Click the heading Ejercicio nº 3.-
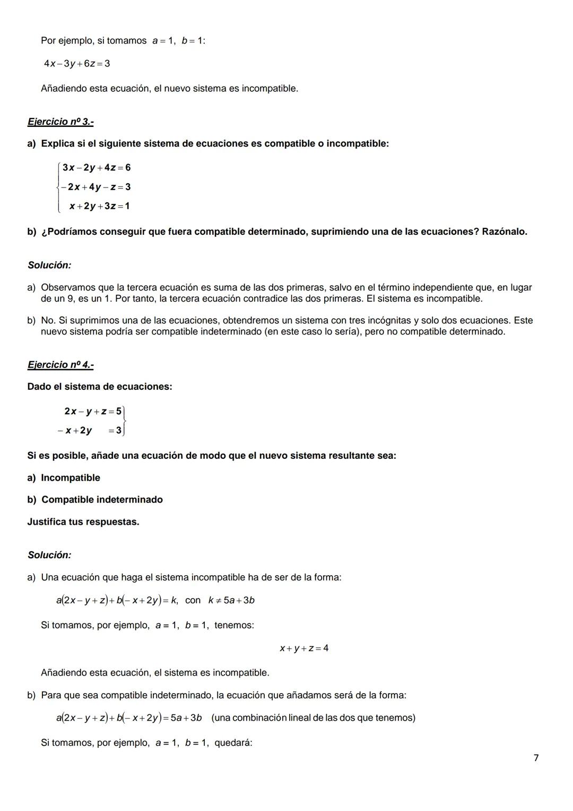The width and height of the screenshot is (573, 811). click(x=60, y=122)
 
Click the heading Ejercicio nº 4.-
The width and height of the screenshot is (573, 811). click(x=60, y=365)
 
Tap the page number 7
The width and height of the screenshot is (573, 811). click(x=536, y=758)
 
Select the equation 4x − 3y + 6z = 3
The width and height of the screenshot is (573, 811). click(x=77, y=64)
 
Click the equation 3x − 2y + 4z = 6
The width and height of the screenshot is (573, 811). click(x=96, y=168)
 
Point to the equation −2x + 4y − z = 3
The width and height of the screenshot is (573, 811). click(x=95, y=187)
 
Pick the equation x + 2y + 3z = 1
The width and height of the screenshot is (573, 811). click(x=99, y=206)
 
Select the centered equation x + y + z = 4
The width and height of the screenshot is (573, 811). click(x=304, y=648)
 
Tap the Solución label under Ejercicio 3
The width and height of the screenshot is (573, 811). click(x=49, y=265)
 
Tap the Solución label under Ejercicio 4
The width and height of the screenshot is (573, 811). click(x=49, y=555)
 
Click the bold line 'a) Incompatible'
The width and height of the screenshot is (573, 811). click(x=64, y=478)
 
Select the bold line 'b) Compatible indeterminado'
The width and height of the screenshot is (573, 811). click(x=95, y=500)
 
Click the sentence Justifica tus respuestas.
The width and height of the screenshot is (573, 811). click(x=83, y=522)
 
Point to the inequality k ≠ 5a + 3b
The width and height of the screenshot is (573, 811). click(x=231, y=601)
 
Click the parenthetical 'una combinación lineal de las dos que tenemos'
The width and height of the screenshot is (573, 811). click(x=313, y=718)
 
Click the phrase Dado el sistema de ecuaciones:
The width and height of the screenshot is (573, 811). click(x=100, y=387)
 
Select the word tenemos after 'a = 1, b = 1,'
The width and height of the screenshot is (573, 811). click(x=234, y=626)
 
